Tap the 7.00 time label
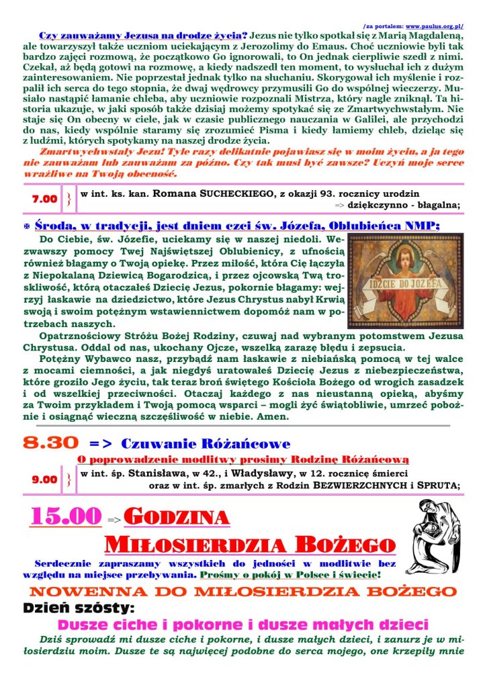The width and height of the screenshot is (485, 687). (45, 199)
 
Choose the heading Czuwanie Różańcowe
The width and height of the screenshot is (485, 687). (206, 444)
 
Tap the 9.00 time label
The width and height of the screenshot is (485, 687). (45, 479)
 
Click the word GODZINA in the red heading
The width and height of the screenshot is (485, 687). (177, 517)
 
